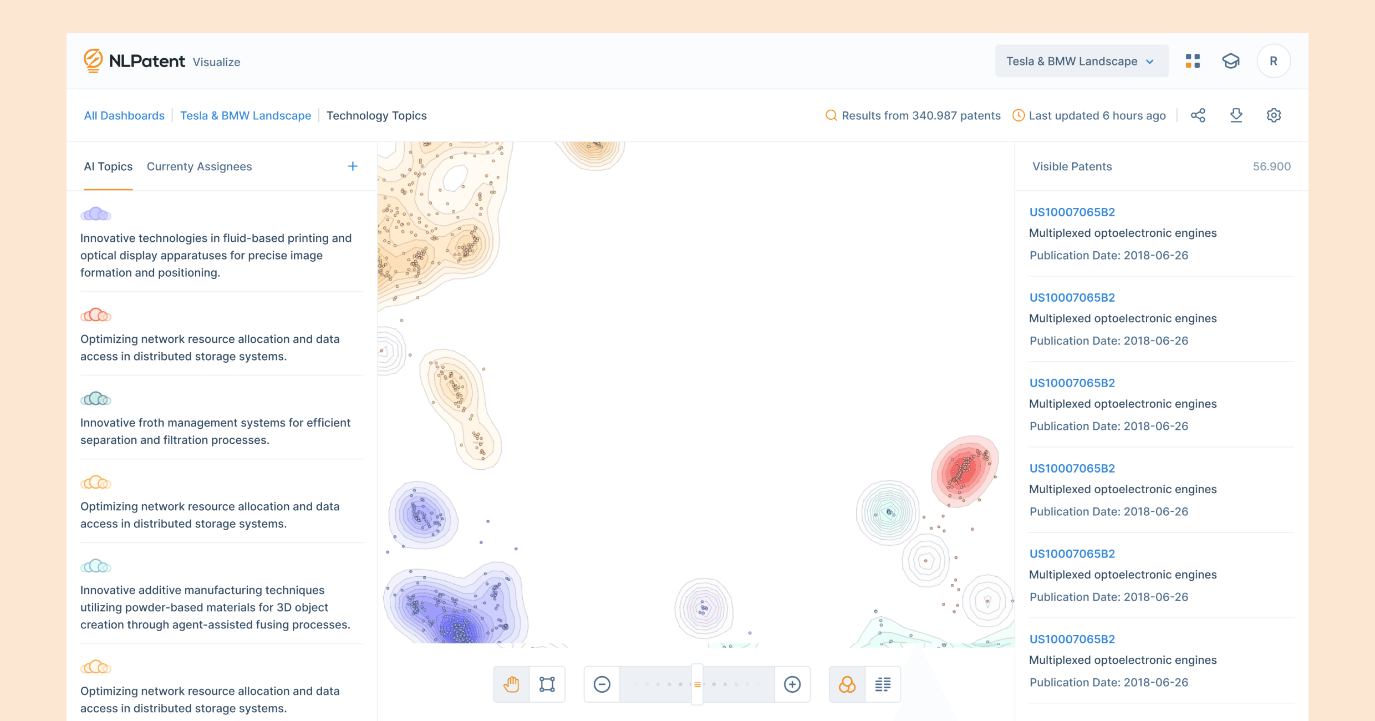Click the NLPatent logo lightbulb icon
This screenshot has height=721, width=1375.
tap(93, 60)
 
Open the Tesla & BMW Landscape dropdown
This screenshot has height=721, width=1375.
tap(1081, 61)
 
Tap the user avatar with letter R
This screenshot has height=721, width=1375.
tap(1273, 61)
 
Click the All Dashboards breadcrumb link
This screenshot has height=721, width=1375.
tap(124, 115)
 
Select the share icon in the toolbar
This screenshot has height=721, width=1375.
tap(1198, 115)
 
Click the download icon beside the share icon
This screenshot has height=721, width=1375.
tap(1236, 115)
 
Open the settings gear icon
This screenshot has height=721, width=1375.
tap(1274, 115)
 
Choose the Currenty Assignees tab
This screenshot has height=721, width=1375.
tap(199, 166)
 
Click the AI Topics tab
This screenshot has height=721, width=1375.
tap(108, 166)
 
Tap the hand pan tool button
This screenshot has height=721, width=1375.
tap(511, 684)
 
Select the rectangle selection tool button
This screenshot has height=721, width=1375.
tap(547, 684)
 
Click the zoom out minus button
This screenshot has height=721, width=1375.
tap(602, 684)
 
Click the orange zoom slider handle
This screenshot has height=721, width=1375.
tap(697, 684)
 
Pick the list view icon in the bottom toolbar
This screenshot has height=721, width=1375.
tap(883, 684)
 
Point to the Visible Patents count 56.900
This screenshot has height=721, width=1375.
tap(1271, 166)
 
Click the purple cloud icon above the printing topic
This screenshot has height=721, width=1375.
tap(95, 214)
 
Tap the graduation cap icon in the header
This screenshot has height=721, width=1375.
tap(1230, 61)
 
